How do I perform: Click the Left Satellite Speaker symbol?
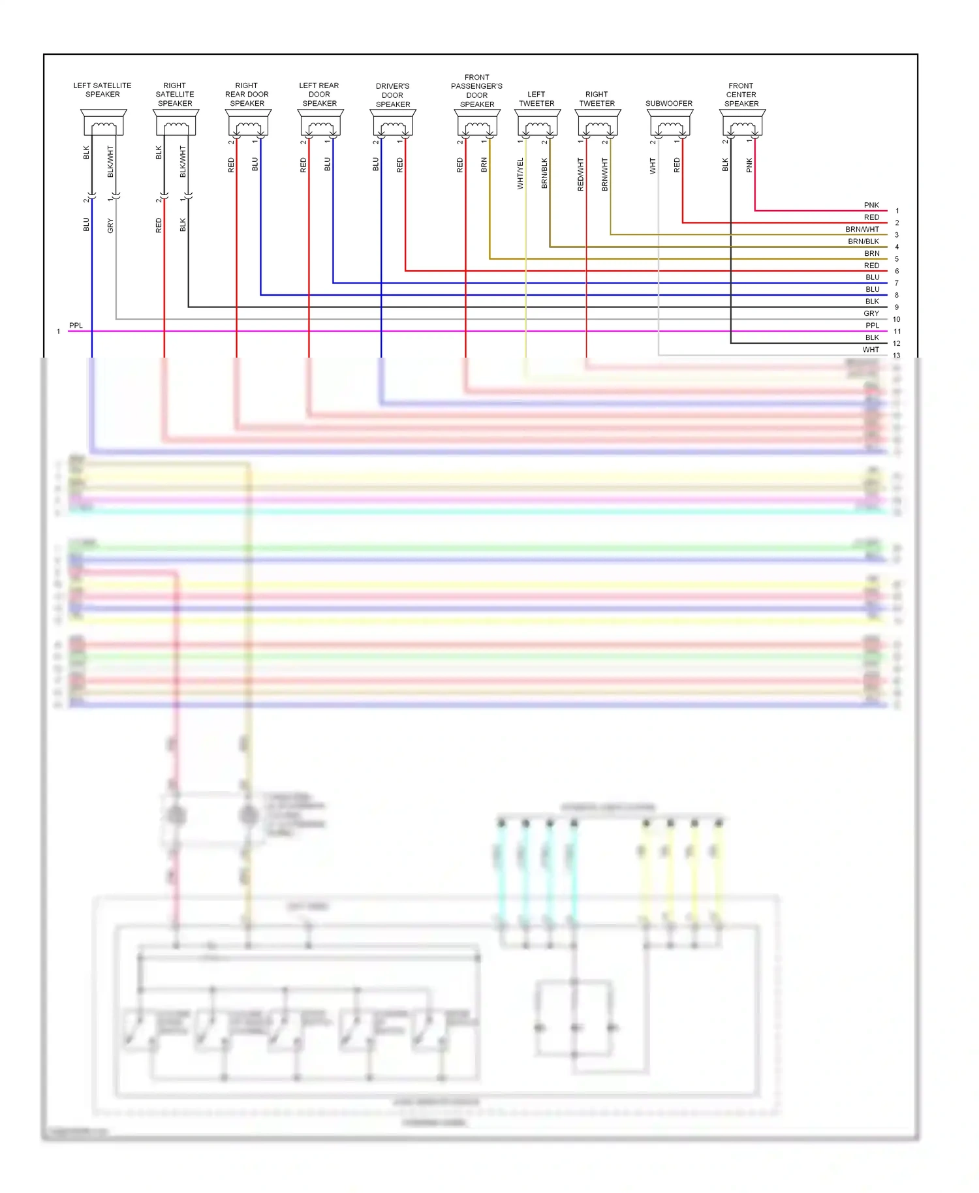coord(103,122)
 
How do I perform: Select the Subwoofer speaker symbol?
coord(670,122)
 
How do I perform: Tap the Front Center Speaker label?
coord(741,95)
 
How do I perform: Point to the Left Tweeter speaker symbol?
coord(537,122)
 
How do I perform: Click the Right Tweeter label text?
coord(597,99)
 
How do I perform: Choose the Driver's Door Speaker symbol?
coord(393,122)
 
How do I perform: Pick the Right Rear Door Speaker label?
coord(247,95)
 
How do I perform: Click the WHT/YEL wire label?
coord(520,174)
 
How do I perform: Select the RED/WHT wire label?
coord(580,174)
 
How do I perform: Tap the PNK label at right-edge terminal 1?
coord(871,205)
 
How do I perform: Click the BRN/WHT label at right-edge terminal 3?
coord(862,229)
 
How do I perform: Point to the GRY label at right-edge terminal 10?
coord(871,313)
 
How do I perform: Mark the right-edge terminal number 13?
coord(897,356)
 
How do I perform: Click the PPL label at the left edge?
coord(76,325)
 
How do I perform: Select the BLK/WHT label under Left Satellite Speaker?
coord(110,162)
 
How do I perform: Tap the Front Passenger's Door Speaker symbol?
coord(477,122)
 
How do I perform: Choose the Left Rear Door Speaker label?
coord(319,95)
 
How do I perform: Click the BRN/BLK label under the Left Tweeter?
coord(544,174)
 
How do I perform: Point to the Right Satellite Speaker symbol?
coord(176,122)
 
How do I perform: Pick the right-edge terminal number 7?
coord(897,283)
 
